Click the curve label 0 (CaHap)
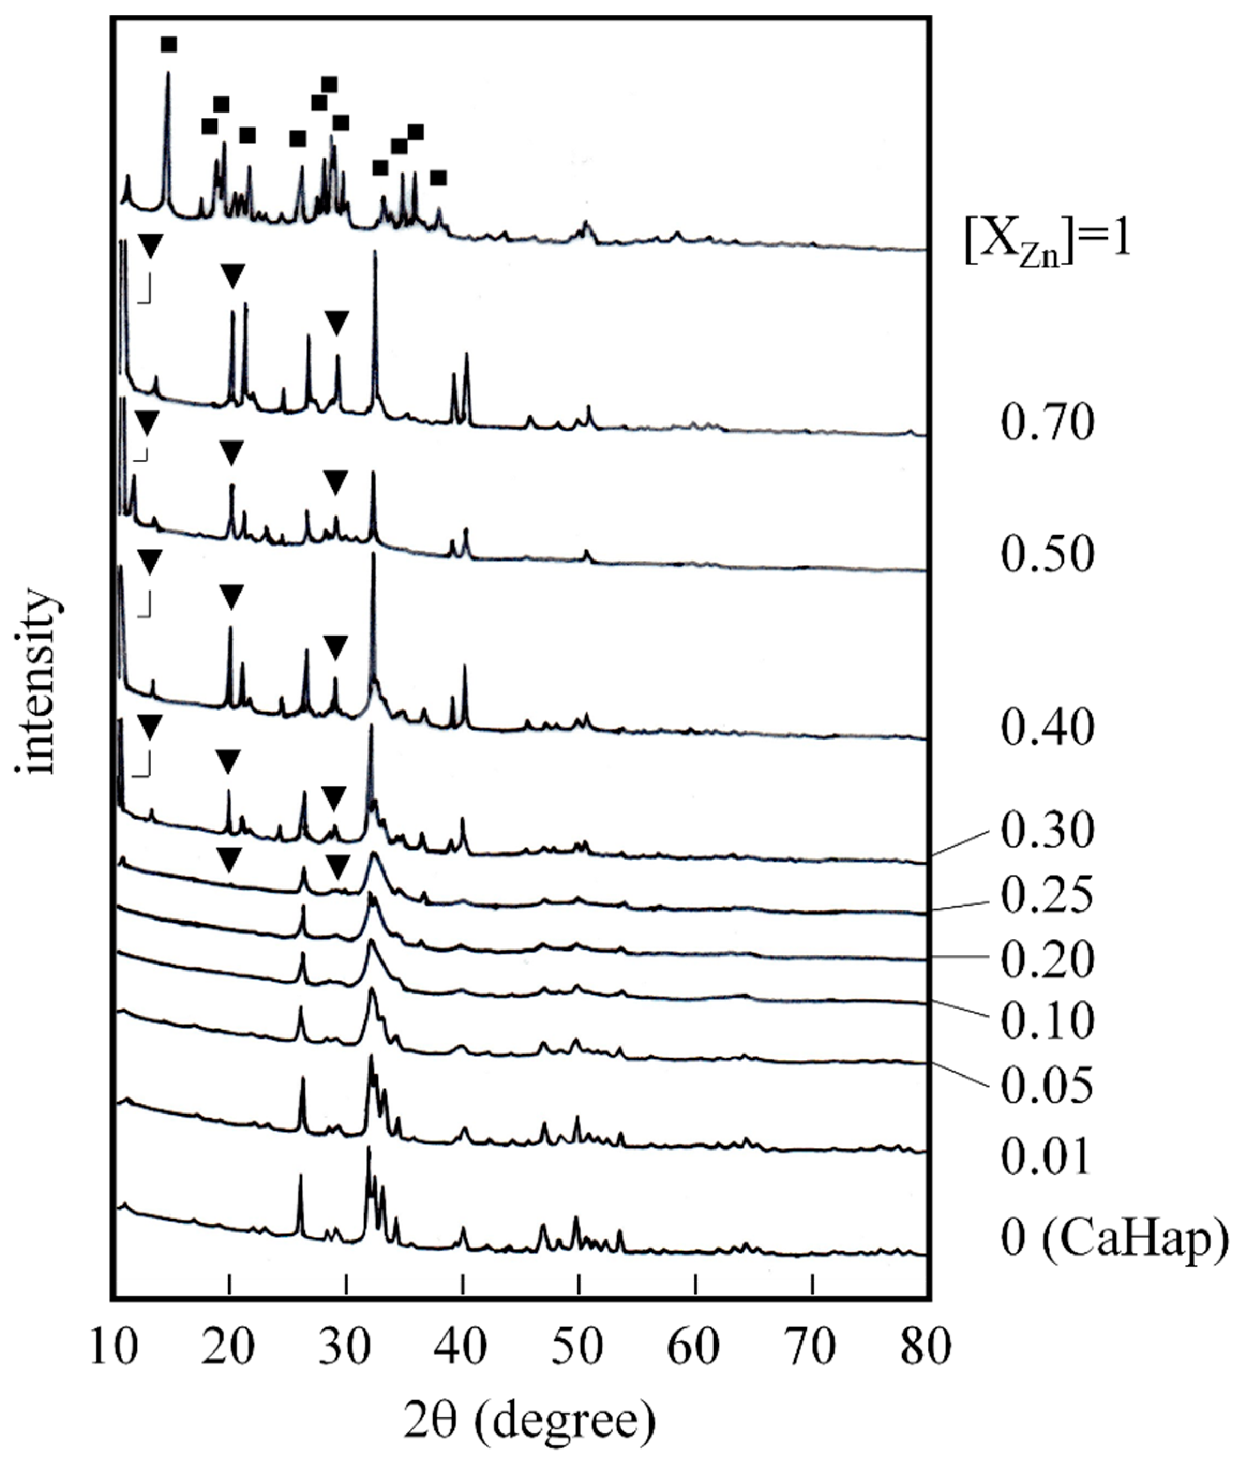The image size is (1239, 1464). tap(1115, 1237)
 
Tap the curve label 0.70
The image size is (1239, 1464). tap(1047, 423)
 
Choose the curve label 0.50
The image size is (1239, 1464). tap(1047, 554)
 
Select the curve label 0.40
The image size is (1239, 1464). tap(1047, 727)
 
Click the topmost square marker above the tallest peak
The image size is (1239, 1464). tap(169, 45)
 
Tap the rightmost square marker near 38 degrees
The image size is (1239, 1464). tap(438, 178)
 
